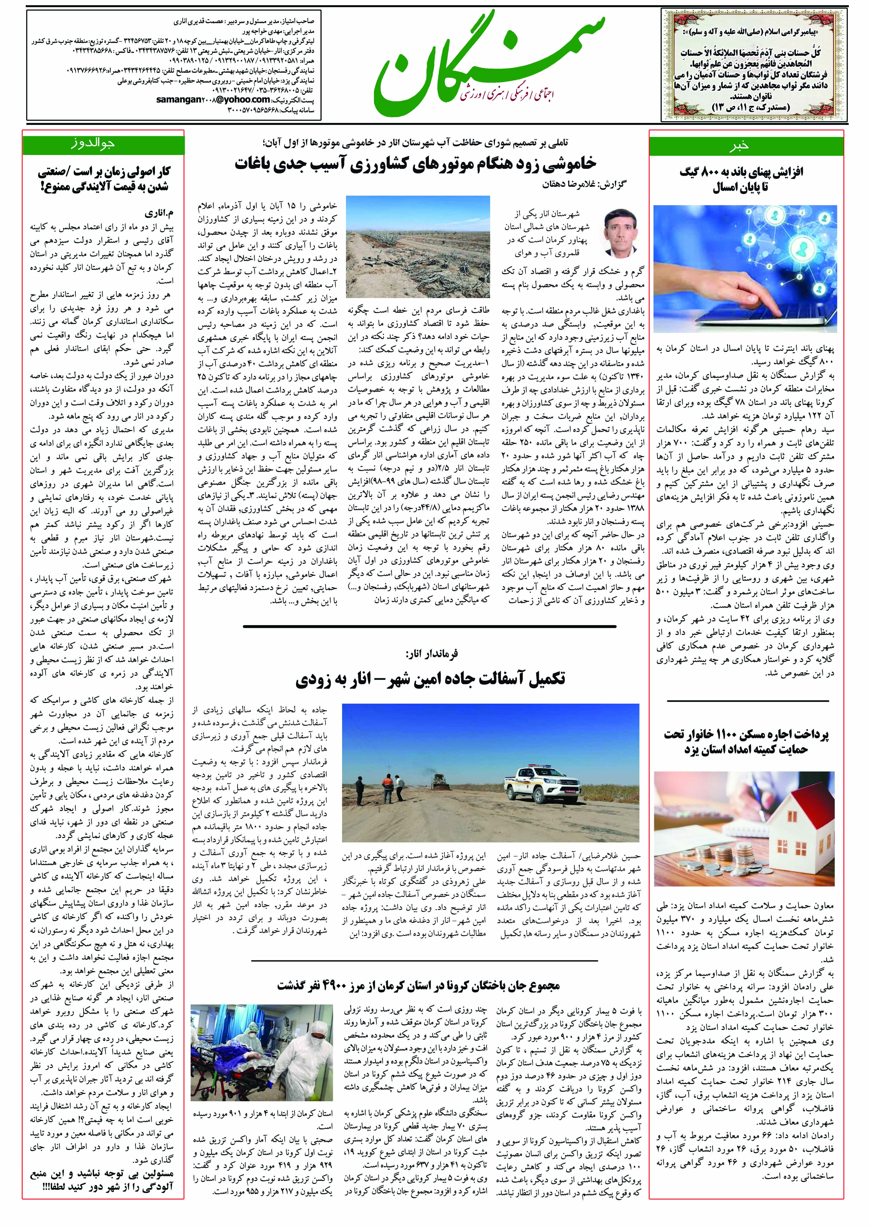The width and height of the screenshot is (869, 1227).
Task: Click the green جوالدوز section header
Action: [103, 145]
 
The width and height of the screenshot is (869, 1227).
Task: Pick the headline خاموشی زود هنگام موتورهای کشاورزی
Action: [415, 164]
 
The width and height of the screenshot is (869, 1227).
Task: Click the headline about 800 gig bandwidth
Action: [741, 180]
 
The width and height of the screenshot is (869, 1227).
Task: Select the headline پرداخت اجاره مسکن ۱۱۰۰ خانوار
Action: [746, 742]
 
